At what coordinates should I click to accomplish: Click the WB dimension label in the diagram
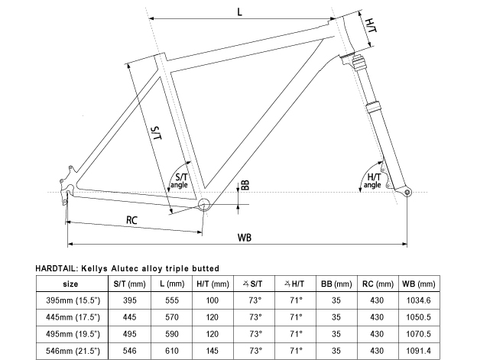coord(244,238)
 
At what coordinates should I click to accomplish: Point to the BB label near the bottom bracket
coord(245,186)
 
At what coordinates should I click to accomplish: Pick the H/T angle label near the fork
coord(372,180)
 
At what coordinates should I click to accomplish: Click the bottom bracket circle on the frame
coord(204,205)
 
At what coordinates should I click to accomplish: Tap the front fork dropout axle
coord(407,191)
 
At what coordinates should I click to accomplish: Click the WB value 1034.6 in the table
coord(416,300)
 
